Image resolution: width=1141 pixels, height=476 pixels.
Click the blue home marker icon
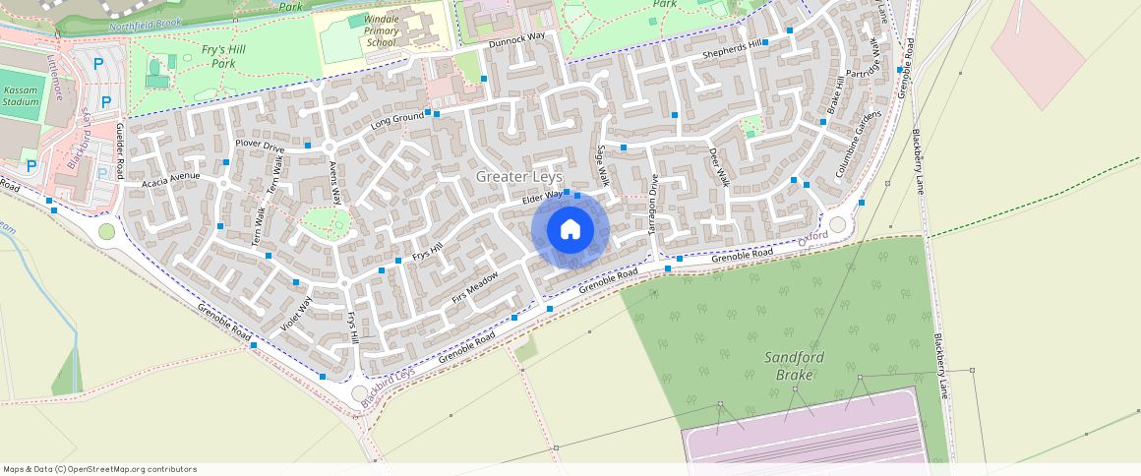[x=570, y=230]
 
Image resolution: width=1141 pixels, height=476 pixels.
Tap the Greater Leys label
[x=519, y=176]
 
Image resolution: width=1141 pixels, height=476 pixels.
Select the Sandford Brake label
[x=794, y=366]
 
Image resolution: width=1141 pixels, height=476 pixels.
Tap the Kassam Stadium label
[x=21, y=94]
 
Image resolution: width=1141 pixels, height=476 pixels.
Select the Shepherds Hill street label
[x=733, y=49]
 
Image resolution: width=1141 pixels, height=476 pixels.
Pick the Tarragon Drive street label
[x=652, y=204]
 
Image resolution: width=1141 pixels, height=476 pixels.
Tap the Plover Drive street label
[x=260, y=148]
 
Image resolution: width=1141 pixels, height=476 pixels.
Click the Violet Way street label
[x=296, y=312]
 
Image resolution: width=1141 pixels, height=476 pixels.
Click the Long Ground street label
[x=396, y=123]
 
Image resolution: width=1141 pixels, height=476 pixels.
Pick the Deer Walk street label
[x=719, y=167]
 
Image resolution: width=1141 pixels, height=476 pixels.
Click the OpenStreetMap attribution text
[x=100, y=469]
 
